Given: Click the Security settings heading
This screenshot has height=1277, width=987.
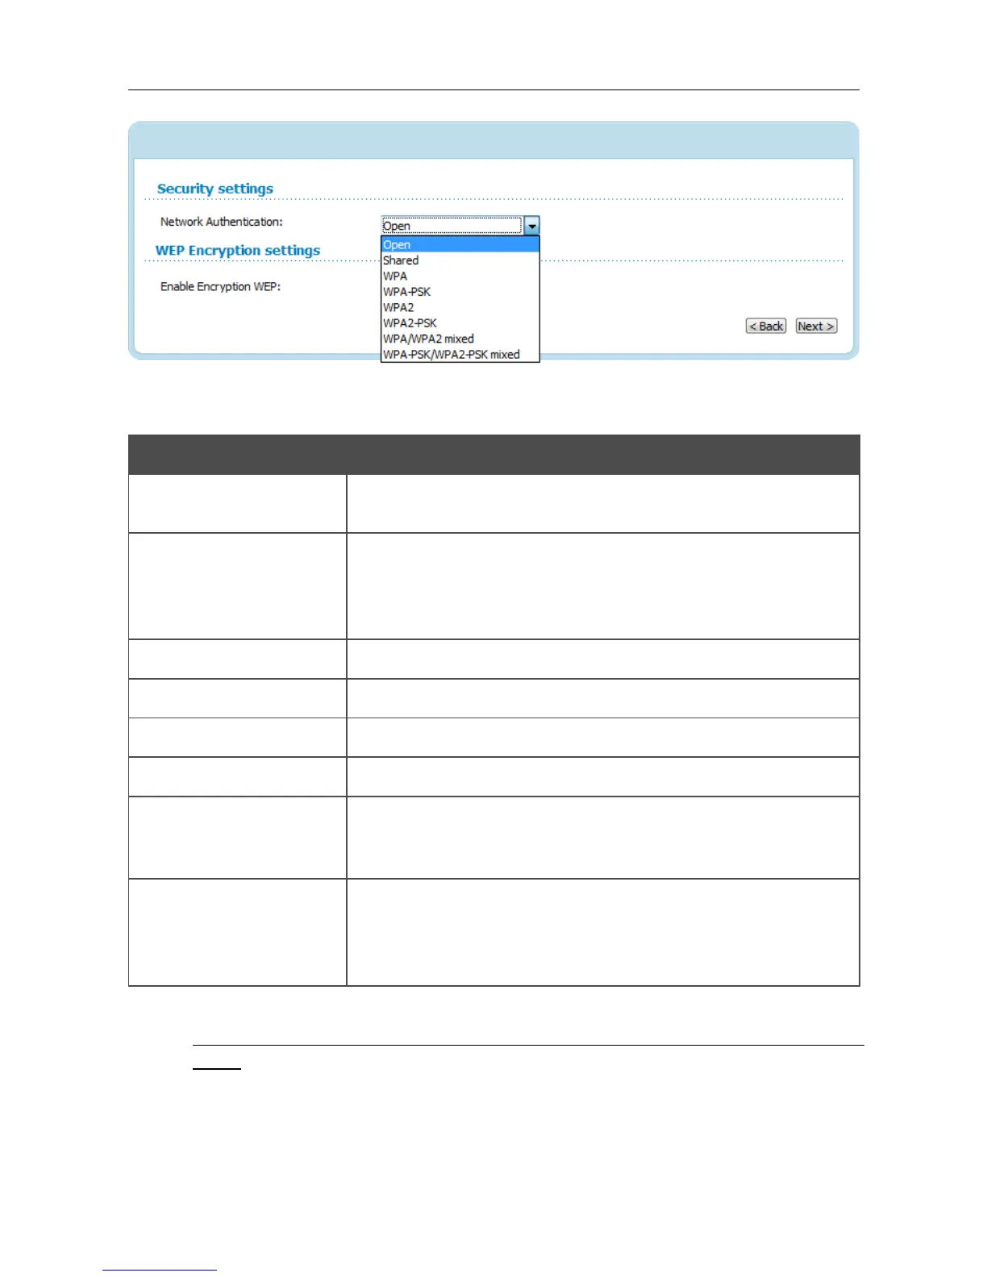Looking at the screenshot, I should [x=214, y=189].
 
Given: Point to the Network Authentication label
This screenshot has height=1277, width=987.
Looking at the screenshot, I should [x=221, y=222].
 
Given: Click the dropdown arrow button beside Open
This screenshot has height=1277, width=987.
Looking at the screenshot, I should [x=531, y=226].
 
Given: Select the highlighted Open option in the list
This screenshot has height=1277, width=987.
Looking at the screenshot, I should [x=459, y=244].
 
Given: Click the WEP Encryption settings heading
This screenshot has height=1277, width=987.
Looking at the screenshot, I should [x=237, y=251].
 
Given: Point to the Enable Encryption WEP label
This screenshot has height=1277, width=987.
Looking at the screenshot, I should [x=220, y=286].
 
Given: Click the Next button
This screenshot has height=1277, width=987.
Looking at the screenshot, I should [x=816, y=326].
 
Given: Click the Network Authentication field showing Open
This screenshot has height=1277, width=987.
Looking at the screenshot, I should [x=451, y=226].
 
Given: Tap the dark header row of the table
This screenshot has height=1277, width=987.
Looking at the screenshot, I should [x=493, y=455].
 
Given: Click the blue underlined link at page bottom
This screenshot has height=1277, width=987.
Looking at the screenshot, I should [x=160, y=1270].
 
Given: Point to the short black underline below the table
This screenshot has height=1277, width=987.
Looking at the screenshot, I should [x=216, y=1069].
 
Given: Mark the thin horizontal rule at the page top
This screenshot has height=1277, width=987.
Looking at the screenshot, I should [x=493, y=89].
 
